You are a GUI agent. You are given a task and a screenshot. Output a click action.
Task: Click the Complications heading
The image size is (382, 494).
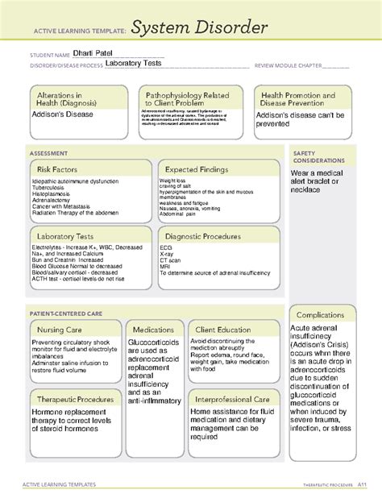tap(320, 314)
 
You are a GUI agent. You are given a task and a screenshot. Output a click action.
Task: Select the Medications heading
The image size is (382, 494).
tap(154, 329)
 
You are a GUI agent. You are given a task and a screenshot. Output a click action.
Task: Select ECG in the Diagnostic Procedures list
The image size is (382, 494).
tap(165, 250)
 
